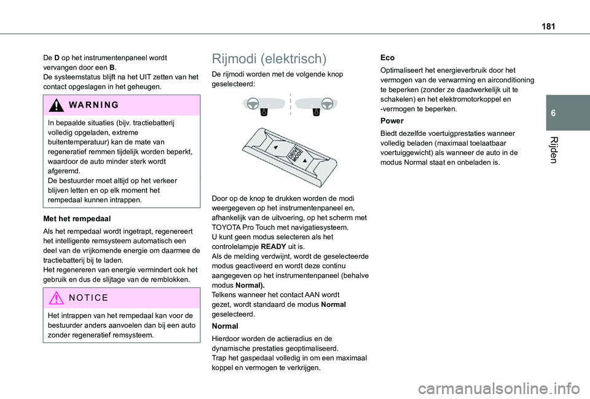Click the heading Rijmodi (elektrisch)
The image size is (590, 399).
coord(269,59)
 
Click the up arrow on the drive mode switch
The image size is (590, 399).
coord(276,148)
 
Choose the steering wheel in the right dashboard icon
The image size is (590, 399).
coord(326,103)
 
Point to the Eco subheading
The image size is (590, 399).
coord(387,57)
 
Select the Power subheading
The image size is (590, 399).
coord(391,121)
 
